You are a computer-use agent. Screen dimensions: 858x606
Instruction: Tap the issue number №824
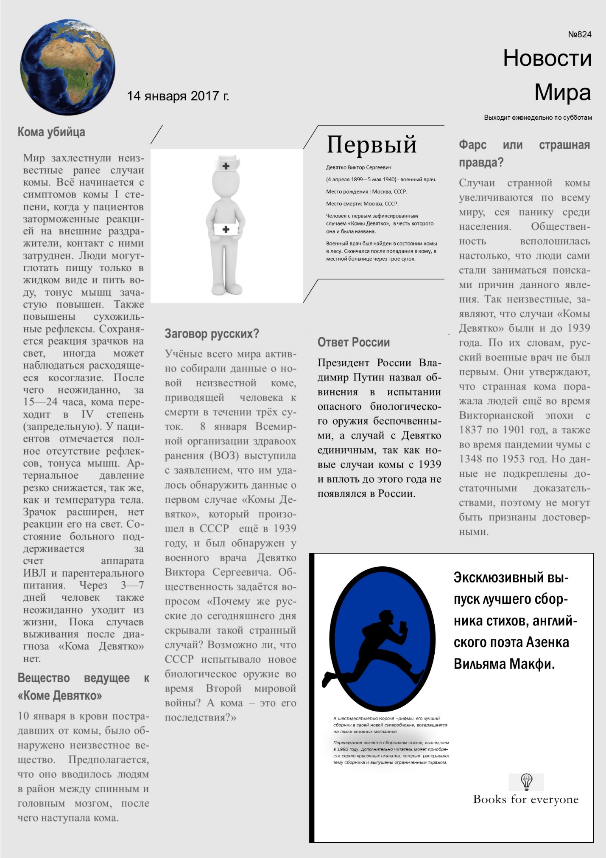[579, 34]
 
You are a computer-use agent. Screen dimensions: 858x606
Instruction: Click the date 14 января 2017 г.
[178, 96]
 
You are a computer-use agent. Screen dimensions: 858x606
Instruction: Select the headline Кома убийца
[51, 132]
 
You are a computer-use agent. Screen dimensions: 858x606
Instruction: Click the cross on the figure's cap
[226, 166]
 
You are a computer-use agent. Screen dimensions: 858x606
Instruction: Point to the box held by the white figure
[226, 229]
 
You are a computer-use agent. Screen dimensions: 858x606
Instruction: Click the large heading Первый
[371, 144]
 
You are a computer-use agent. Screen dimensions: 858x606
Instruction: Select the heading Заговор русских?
[212, 334]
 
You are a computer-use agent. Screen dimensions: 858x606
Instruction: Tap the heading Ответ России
[354, 342]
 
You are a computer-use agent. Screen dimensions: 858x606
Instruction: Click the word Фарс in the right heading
[472, 145]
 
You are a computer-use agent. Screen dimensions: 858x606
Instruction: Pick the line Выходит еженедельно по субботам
[538, 118]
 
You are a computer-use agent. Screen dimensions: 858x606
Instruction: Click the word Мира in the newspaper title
[562, 92]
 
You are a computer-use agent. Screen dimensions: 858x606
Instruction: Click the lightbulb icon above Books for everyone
[526, 781]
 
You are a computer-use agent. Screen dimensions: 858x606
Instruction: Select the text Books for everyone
[526, 799]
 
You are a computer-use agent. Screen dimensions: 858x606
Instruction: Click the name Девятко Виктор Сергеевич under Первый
[359, 168]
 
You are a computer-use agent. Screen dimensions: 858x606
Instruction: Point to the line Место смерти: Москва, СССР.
[362, 204]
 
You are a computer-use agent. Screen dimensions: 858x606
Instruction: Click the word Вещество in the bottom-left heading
[44, 678]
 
